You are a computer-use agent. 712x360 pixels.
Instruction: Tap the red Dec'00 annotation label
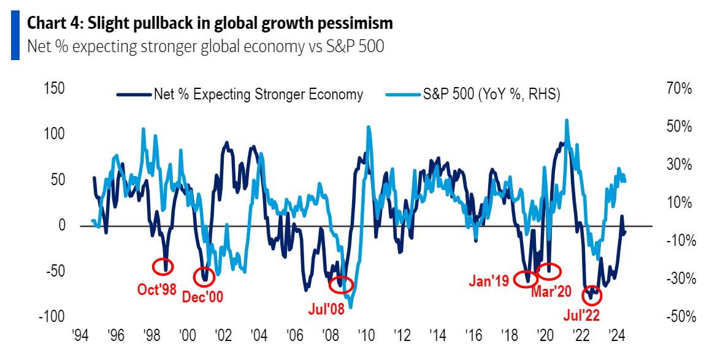pos(202,297)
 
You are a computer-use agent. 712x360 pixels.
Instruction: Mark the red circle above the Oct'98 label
pos(163,266)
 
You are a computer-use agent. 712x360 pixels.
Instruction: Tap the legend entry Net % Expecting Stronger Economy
pos(240,94)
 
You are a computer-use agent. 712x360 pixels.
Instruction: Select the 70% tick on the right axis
pos(679,89)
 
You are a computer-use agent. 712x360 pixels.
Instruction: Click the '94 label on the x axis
pos(80,336)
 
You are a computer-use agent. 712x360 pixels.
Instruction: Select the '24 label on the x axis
pos(616,336)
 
